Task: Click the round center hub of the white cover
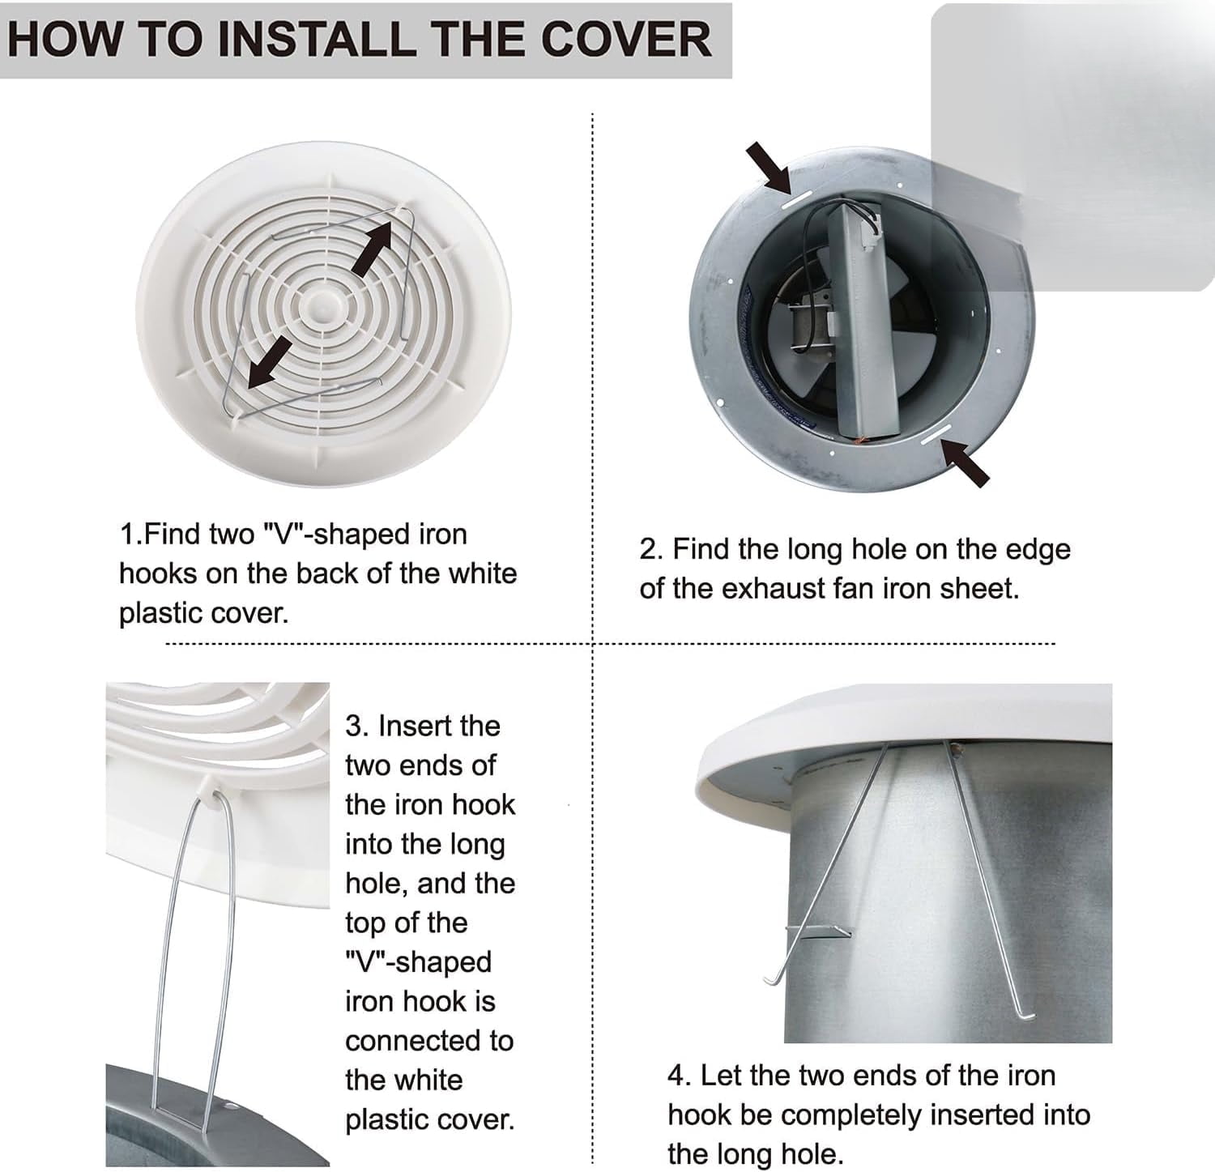click(323, 307)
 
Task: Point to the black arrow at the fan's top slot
click(769, 167)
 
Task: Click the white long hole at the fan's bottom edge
click(933, 435)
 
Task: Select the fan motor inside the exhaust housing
click(802, 324)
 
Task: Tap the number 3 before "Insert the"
click(354, 726)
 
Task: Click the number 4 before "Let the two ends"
click(677, 1076)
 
